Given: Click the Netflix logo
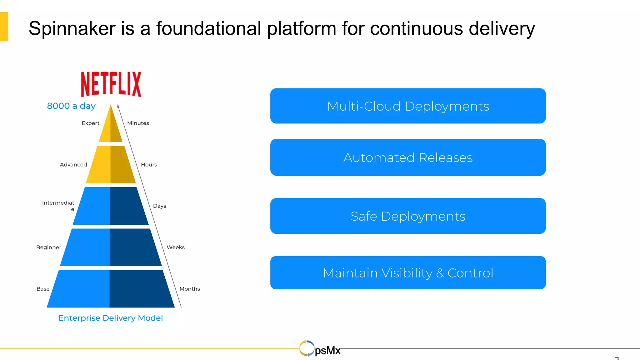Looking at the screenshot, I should [111, 84].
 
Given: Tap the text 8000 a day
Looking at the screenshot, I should [71, 106].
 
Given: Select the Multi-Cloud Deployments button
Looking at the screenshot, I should [408, 106].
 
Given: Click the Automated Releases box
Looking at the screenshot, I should [408, 157].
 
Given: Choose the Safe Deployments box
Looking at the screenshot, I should [408, 216].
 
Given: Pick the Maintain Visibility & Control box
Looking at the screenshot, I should [408, 273].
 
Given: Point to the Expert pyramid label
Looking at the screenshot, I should [90, 123].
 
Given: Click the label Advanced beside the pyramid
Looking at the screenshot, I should [73, 165].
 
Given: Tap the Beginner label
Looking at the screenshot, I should [49, 247].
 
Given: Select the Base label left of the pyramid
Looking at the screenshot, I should [43, 289].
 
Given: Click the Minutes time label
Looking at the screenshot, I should [138, 123].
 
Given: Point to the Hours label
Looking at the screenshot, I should [149, 165].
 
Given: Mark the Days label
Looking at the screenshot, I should [159, 206].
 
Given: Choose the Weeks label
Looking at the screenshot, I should [175, 247].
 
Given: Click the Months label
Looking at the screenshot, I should [190, 289].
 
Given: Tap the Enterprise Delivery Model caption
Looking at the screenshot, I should [111, 318].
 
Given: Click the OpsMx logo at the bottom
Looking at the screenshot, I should [320, 349].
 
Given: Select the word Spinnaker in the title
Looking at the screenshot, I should [72, 29].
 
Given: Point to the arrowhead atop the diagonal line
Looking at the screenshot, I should [118, 106].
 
